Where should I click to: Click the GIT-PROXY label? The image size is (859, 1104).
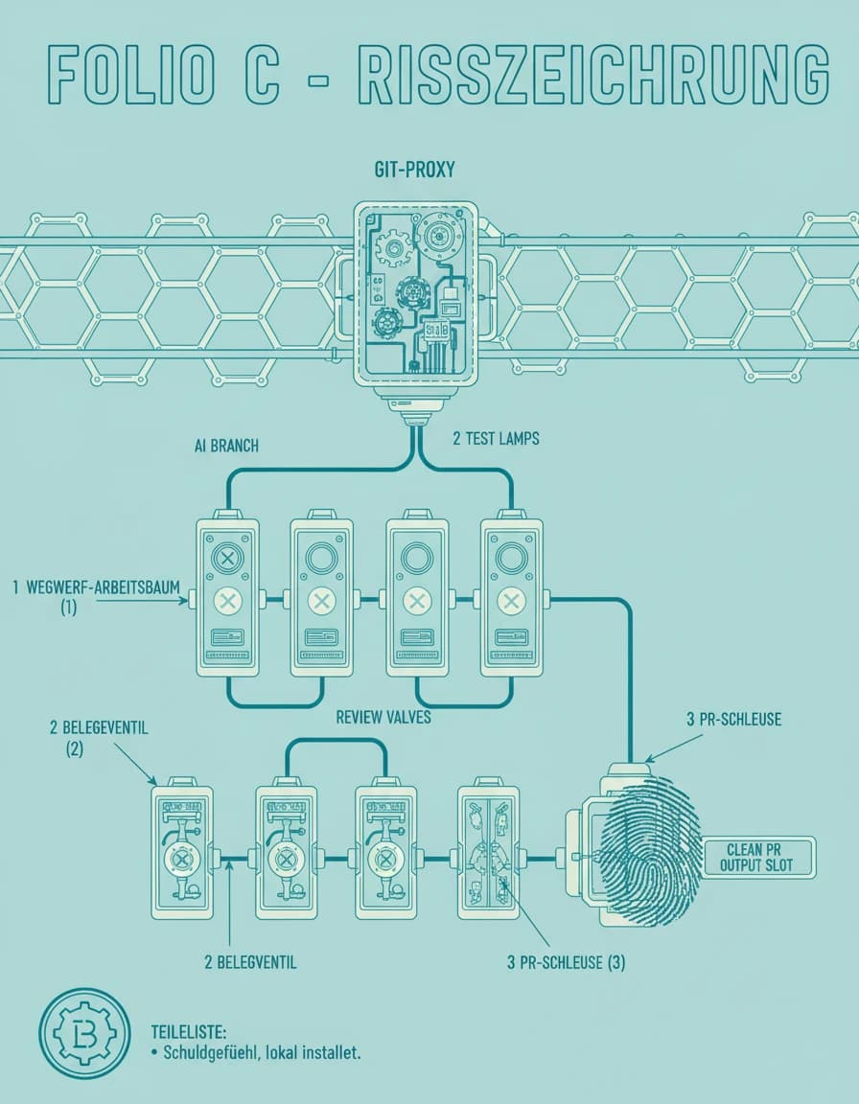tap(414, 170)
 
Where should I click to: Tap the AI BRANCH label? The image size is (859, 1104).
tap(226, 446)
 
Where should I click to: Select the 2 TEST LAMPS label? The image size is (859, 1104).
tap(496, 439)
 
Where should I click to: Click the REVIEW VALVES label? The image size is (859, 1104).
tap(383, 718)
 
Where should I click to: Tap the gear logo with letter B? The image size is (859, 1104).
tap(84, 1034)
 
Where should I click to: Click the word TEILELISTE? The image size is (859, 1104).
tap(189, 1032)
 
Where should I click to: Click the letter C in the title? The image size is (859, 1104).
tap(262, 73)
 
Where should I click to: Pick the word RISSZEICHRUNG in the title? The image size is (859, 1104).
tap(592, 73)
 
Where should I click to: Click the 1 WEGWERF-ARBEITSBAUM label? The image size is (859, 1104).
tap(96, 587)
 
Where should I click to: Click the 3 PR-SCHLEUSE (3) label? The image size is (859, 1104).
tap(566, 962)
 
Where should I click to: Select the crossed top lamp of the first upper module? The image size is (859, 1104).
tap(227, 559)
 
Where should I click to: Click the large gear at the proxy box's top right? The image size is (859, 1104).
tap(441, 236)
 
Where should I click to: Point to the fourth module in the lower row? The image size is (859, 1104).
tap(488, 851)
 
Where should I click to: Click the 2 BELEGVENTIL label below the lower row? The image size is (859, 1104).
tap(250, 962)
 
